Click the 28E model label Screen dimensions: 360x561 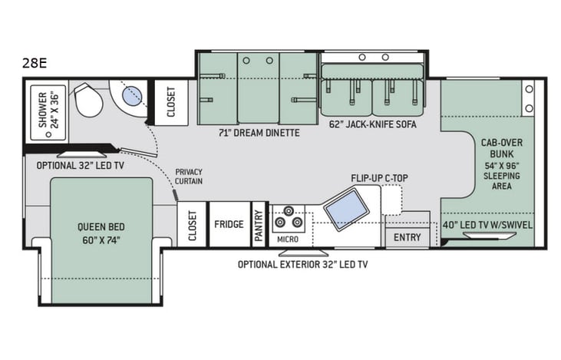coord(35,63)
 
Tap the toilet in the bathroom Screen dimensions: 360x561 coord(89,101)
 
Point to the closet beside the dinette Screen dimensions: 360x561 coord(170,101)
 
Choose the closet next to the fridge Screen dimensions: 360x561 coord(192,225)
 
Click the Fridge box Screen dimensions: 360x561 coord(229,225)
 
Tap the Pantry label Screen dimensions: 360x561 coord(259,226)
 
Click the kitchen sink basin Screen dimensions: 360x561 coord(342,206)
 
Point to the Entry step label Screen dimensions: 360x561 coord(407,237)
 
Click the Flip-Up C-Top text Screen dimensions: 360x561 coord(379,179)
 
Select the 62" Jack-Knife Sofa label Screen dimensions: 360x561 coord(372,124)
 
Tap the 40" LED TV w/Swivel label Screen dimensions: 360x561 coord(488,225)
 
